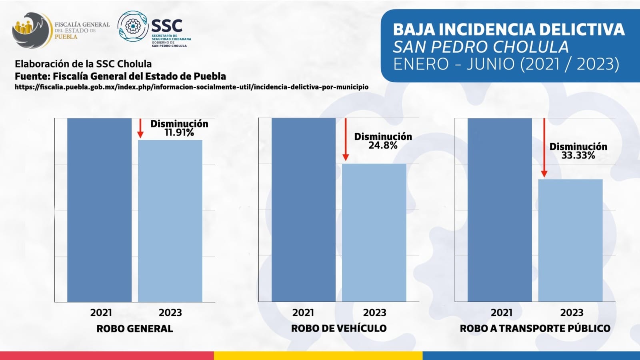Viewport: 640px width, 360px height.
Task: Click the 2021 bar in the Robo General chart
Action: (x=99, y=210)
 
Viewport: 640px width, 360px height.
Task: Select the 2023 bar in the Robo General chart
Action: (x=170, y=221)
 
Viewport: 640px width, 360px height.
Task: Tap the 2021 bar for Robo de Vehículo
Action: (x=303, y=210)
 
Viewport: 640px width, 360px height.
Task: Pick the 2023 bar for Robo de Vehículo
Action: (x=374, y=232)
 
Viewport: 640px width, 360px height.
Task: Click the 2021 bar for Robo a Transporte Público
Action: (x=500, y=210)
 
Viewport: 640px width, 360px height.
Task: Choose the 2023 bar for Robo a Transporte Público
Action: (x=570, y=240)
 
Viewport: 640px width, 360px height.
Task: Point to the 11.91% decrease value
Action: (x=179, y=133)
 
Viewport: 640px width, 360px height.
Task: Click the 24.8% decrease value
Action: (x=383, y=146)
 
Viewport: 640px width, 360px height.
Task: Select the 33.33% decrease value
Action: (x=578, y=156)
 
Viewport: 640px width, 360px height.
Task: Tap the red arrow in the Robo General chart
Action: (x=140, y=128)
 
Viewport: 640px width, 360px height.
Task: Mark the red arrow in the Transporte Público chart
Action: (x=544, y=148)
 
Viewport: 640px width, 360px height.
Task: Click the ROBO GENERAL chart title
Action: (x=135, y=329)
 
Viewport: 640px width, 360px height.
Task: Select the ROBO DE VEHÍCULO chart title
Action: (x=339, y=329)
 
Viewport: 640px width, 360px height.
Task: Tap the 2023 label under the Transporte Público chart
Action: (x=572, y=313)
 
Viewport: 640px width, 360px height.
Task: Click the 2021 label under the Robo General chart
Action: (x=101, y=313)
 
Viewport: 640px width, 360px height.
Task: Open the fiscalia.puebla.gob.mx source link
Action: (x=191, y=87)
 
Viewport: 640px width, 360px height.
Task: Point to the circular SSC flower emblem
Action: (x=132, y=26)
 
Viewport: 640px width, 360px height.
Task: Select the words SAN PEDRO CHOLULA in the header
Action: (x=480, y=47)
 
